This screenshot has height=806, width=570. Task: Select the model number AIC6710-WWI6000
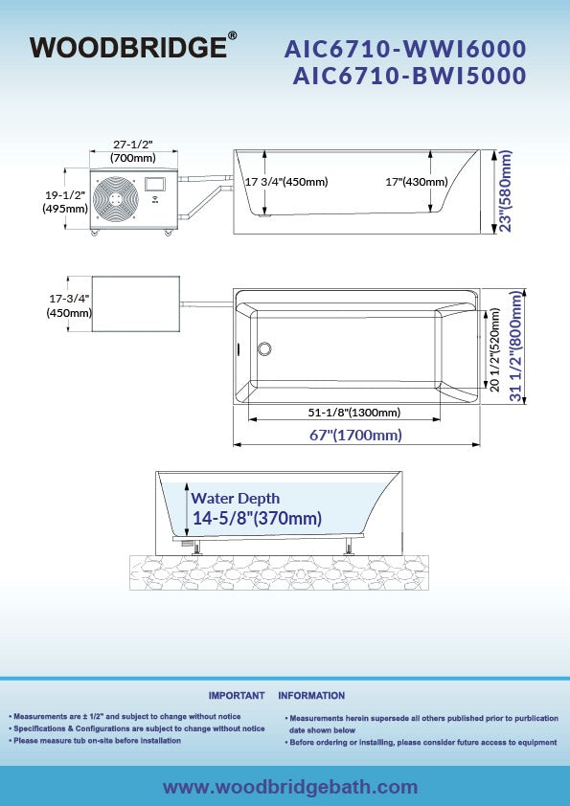pos(405,50)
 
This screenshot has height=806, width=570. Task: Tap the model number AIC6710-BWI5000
pos(409,76)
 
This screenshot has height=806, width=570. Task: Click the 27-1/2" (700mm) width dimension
pos(133,151)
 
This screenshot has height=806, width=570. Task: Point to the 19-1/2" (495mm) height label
pos(65,202)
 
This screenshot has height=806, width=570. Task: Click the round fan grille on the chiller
pos(116,199)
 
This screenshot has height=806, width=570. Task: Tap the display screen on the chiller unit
pos(154,185)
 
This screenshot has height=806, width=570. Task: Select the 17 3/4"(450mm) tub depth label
pos(286,182)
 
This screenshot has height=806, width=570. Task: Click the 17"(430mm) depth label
pos(417,182)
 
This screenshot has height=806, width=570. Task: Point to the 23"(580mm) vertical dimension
pos(506,191)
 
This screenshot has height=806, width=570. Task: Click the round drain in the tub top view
pos(264,348)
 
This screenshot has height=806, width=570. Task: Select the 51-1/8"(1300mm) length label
pos(354,413)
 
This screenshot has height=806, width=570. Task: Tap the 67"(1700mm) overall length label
pos(355,436)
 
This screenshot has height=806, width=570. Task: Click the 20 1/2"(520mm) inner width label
pos(495,349)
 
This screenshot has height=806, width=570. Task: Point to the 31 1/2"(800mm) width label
pos(516,346)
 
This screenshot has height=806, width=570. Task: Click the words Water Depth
pos(236,499)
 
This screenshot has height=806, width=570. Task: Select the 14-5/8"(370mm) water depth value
pos(258,518)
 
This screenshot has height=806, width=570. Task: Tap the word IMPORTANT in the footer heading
pos(237,696)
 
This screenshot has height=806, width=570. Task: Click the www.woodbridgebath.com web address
pos(290,787)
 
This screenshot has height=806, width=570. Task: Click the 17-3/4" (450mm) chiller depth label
pos(69,305)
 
